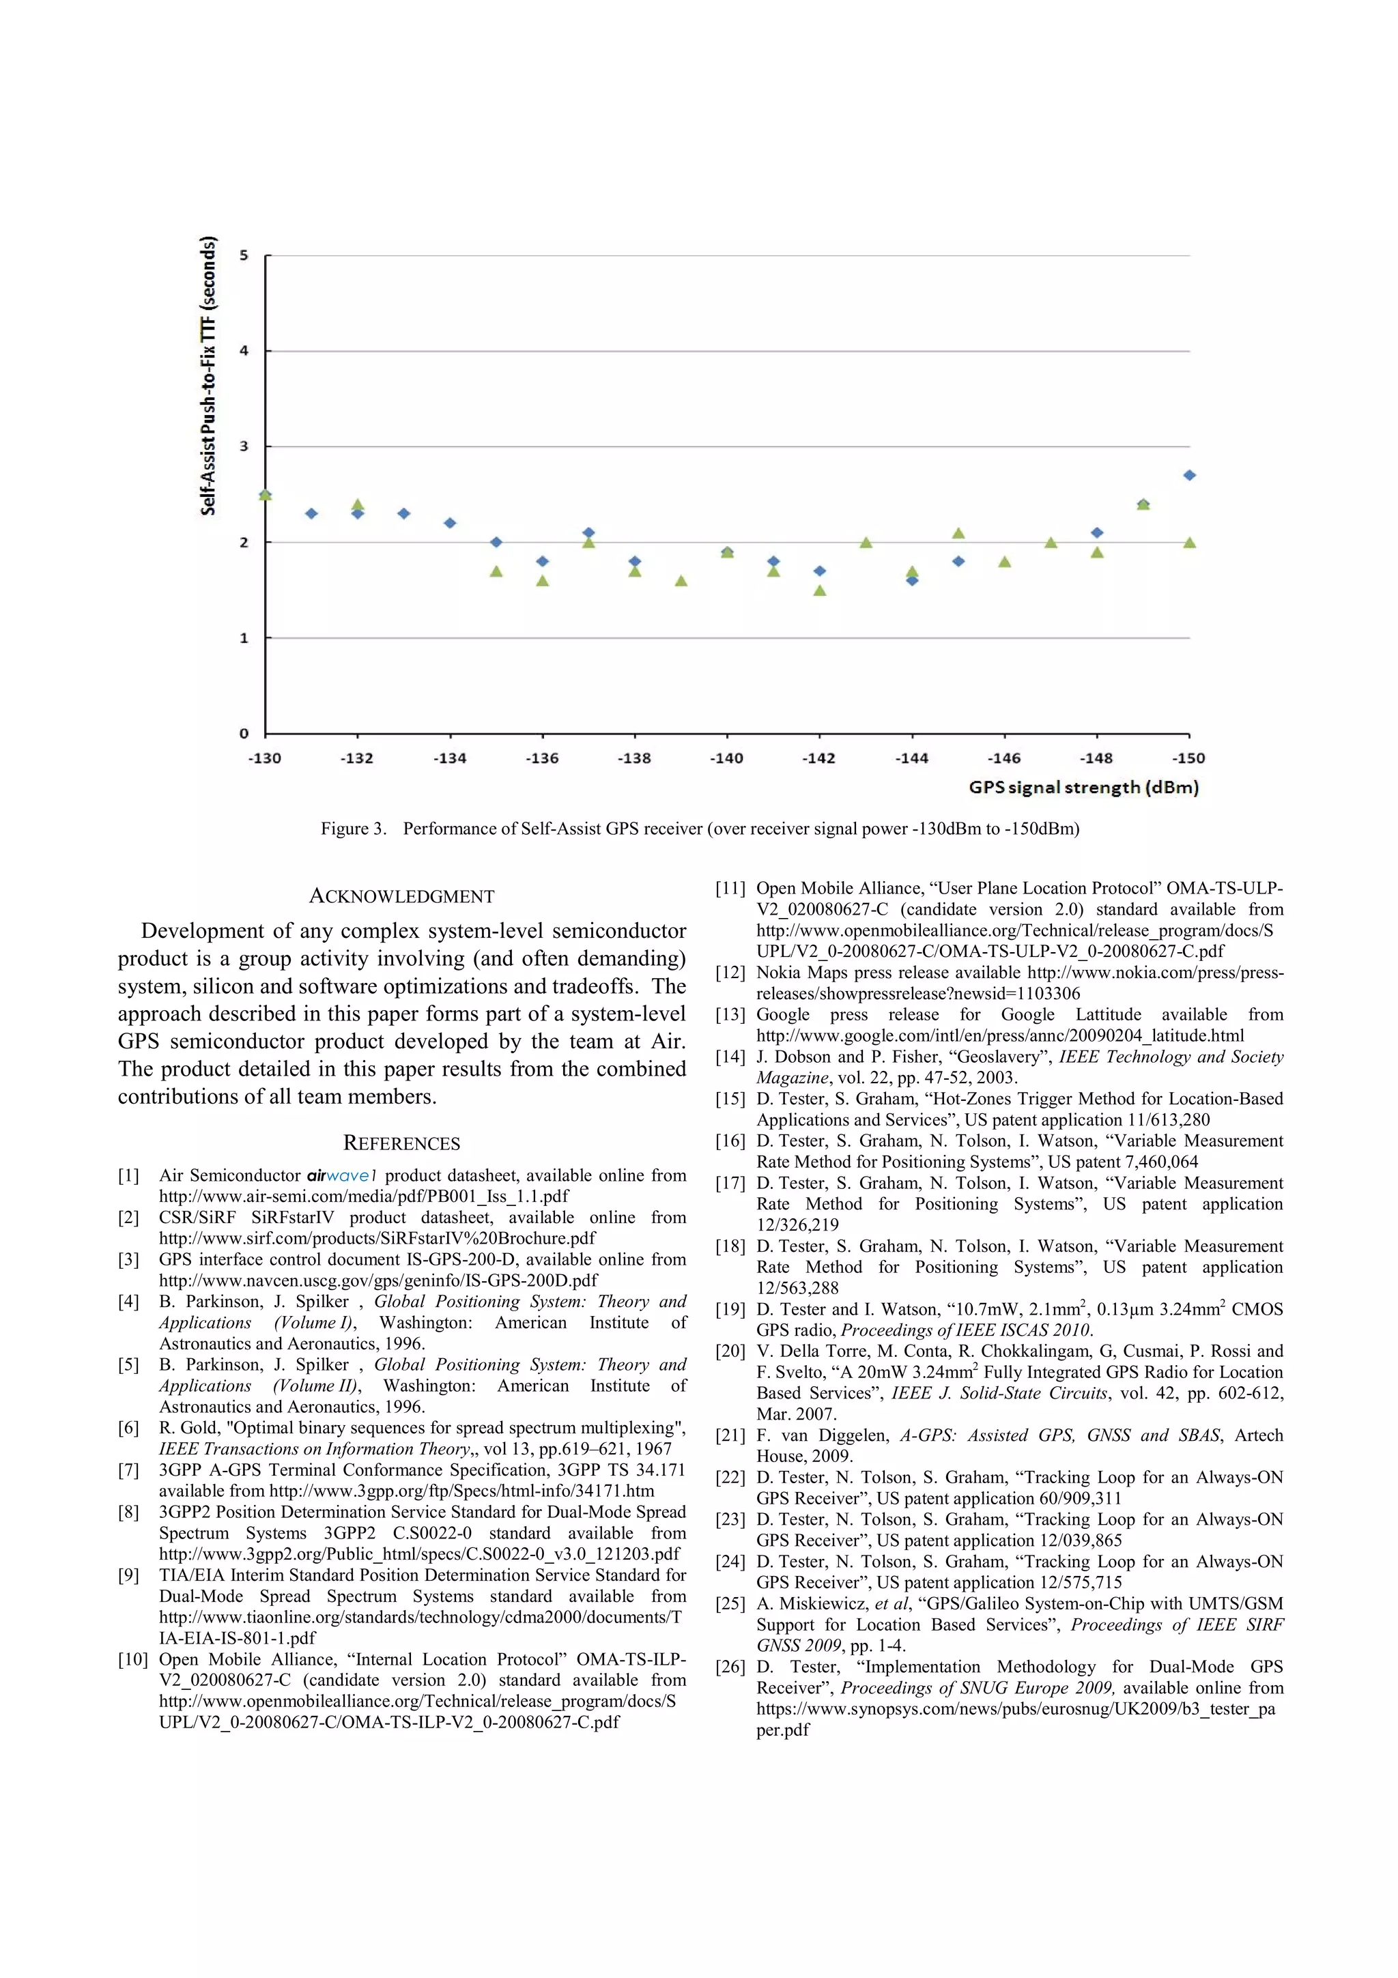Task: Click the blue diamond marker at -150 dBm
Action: [x=1188, y=474]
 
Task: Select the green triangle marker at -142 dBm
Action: [x=819, y=591]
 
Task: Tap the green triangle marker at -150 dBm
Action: [x=1188, y=543]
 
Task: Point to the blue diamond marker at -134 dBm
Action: [x=450, y=523]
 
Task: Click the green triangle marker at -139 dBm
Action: [x=681, y=582]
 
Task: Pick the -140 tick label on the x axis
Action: [x=726, y=758]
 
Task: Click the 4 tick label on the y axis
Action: [x=244, y=351]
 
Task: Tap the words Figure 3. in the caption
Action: [x=353, y=829]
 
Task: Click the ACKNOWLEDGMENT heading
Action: [x=401, y=896]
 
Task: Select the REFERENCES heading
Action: [x=401, y=1143]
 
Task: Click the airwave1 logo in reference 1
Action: [x=342, y=1176]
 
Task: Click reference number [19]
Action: [x=730, y=1310]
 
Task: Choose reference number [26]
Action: [x=730, y=1667]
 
